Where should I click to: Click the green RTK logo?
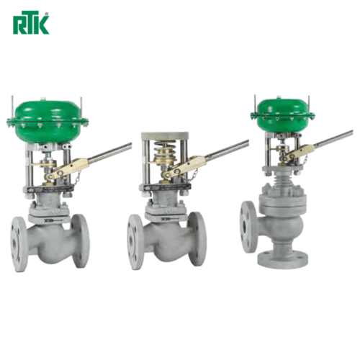[31, 22]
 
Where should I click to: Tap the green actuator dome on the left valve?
[48, 122]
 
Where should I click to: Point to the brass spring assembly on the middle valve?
[165, 153]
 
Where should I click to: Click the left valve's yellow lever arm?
[67, 169]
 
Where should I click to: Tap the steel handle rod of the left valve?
[110, 151]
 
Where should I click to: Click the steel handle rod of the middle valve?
[227, 149]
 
